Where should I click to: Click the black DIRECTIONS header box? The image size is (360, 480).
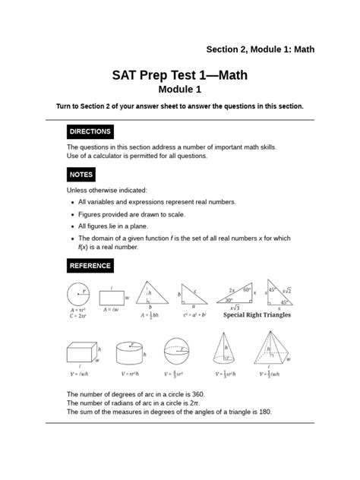[90, 131]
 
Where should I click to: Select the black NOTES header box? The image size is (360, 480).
[81, 174]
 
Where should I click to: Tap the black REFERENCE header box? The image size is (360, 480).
[90, 266]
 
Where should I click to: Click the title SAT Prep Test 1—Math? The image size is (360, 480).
[179, 76]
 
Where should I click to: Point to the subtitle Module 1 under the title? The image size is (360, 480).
[179, 90]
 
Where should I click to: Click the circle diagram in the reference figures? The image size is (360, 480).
[80, 293]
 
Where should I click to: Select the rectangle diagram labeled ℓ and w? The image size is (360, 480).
[112, 297]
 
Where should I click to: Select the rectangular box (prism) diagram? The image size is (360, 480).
[81, 354]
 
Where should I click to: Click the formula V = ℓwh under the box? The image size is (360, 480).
[80, 374]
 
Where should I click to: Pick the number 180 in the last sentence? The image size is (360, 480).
[263, 411]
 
